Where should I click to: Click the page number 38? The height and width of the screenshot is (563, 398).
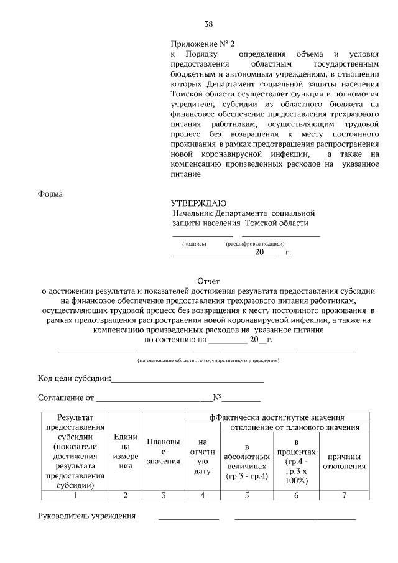point(208,24)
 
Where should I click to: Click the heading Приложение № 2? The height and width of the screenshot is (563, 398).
point(203,44)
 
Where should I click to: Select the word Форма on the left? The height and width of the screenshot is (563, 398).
point(50,193)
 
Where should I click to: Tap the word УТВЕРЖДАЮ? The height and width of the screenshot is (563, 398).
point(199,203)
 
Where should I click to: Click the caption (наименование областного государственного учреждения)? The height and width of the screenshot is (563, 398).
point(208,360)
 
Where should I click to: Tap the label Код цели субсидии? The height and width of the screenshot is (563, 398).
point(75,378)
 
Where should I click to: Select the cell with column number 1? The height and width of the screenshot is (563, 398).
point(75,495)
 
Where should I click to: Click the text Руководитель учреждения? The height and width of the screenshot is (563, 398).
point(86,516)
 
